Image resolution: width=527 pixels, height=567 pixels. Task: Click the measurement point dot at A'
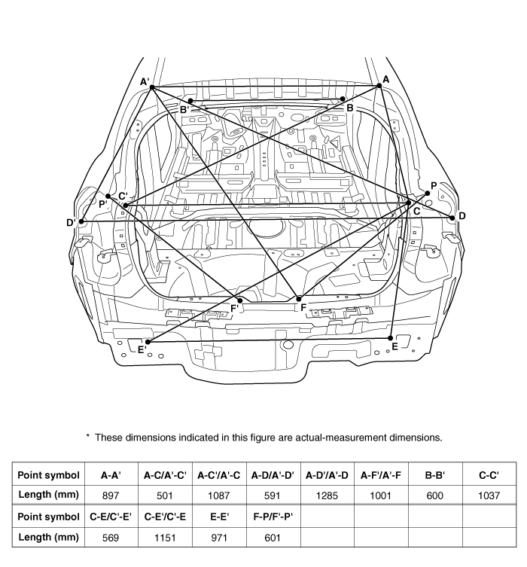151,87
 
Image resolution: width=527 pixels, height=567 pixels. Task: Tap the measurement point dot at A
379,86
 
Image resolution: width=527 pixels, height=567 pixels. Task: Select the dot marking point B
343,99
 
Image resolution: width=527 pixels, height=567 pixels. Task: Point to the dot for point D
452,218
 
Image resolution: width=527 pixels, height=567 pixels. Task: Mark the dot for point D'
82,221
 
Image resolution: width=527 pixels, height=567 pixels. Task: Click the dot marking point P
427,194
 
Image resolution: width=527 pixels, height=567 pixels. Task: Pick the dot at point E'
148,342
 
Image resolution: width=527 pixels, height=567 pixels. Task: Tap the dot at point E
392,337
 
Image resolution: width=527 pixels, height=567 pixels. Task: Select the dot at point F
298,299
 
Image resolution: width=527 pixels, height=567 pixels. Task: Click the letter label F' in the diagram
235,308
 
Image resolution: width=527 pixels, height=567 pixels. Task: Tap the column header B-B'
435,475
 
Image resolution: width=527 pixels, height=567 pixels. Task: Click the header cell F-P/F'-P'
273,517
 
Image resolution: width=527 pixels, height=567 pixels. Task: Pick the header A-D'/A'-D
327,475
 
